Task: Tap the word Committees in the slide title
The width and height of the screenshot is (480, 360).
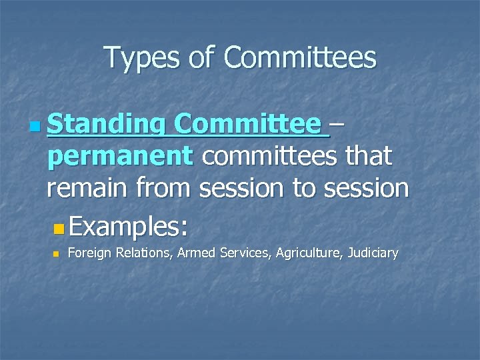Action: pyautogui.click(x=300, y=58)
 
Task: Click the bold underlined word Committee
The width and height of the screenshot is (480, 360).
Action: pyautogui.click(x=251, y=124)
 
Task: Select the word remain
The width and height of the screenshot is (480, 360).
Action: pyautogui.click(x=88, y=189)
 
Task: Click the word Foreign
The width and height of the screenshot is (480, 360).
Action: pyautogui.click(x=89, y=253)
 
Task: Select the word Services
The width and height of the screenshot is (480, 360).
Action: pyautogui.click(x=239, y=253)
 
